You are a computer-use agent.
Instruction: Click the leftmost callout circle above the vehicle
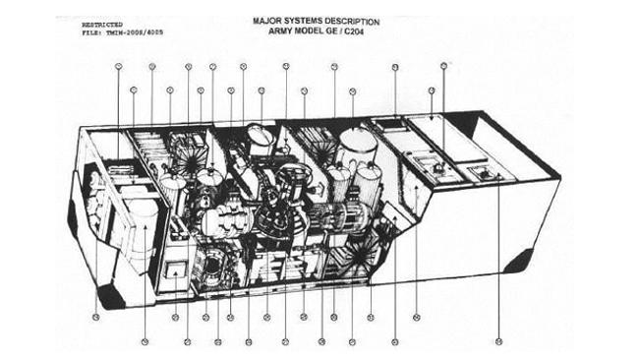coord(119,67)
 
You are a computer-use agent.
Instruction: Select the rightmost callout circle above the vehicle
coord(444,66)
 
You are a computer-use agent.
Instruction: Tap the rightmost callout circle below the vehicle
coord(498,341)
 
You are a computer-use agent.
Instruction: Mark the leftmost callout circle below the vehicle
coord(95,317)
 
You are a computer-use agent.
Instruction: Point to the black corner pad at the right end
coord(519,262)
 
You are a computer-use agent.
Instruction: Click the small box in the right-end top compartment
coord(484,173)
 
